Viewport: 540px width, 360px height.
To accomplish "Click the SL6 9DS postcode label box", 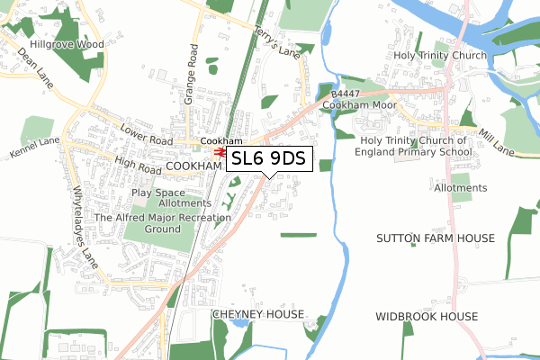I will point(269,159).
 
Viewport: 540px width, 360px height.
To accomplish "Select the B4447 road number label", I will point(346,94).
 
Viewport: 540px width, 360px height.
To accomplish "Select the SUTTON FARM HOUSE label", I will point(436,238).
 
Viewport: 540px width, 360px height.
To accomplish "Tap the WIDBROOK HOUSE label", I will point(427,317).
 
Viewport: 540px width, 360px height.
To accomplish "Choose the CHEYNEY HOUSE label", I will point(257,315).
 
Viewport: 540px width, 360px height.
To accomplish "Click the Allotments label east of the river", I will point(460,187).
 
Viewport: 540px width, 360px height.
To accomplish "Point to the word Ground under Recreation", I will point(163,229).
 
